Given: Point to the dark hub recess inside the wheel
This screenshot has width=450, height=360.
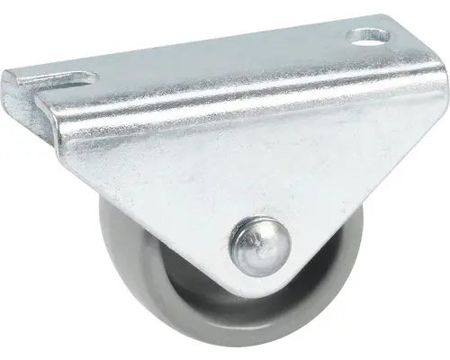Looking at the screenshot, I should [193, 297].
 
